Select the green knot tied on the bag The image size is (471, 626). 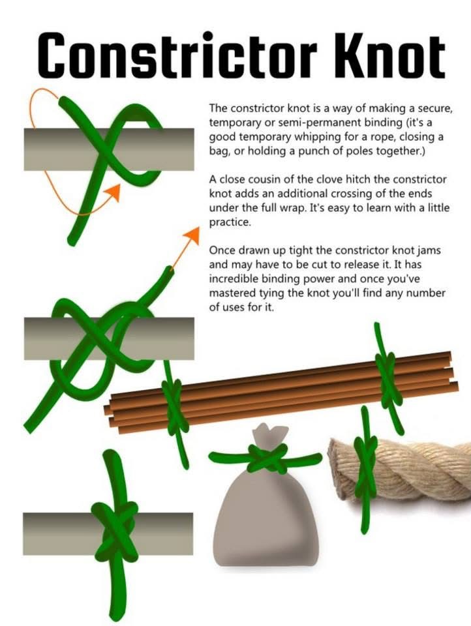[x=266, y=458]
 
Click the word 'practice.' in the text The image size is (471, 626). [x=230, y=222]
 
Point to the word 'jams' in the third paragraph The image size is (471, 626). [x=429, y=250]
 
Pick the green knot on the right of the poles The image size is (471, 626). [x=386, y=380]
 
